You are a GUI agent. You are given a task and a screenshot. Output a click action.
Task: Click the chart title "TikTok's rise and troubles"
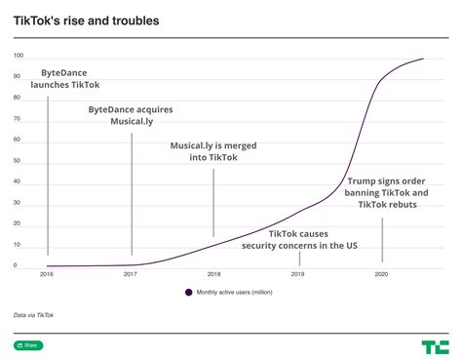pos(87,20)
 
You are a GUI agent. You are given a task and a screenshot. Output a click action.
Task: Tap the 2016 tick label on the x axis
pos(47,275)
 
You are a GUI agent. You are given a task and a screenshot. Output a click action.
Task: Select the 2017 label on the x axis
pos(131,275)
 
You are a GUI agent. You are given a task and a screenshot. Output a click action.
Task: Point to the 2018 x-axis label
pos(214,275)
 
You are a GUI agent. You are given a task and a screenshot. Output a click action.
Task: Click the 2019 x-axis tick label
pos(298,275)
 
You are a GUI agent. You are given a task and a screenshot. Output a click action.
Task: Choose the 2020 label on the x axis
pos(382,275)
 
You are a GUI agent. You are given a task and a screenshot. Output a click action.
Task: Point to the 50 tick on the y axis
pos(17,161)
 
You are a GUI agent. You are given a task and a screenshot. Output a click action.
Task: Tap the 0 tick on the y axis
pos(15,265)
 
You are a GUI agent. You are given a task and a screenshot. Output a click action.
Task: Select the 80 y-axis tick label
pos(17,98)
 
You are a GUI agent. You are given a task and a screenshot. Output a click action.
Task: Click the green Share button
pos(28,345)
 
